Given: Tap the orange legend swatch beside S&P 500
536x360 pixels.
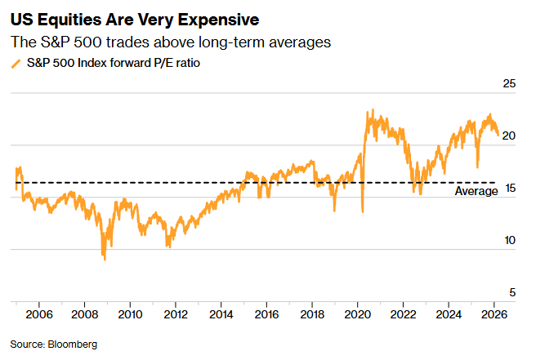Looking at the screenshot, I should click(16, 63).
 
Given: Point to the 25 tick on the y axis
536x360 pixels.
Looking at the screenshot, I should click(510, 83).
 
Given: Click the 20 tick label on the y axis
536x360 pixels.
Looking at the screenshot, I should click(510, 136).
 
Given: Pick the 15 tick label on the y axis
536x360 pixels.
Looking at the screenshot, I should click(510, 188).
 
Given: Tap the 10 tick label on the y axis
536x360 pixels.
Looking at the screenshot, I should click(510, 240).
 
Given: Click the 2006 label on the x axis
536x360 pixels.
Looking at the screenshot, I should click(39, 313).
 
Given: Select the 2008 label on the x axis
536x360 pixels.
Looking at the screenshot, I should click(85, 313).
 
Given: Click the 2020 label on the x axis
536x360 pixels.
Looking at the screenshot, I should click(357, 313).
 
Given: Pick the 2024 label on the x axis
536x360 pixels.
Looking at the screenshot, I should click(449, 313).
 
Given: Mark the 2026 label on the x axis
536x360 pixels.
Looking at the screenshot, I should click(494, 313).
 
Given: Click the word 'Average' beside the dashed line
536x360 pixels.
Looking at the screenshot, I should click(476, 191).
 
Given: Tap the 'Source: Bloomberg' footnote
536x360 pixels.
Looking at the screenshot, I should click(54, 344).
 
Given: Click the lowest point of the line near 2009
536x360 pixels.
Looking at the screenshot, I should click(105, 260).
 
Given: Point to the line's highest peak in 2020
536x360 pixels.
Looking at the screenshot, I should click(373, 110).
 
